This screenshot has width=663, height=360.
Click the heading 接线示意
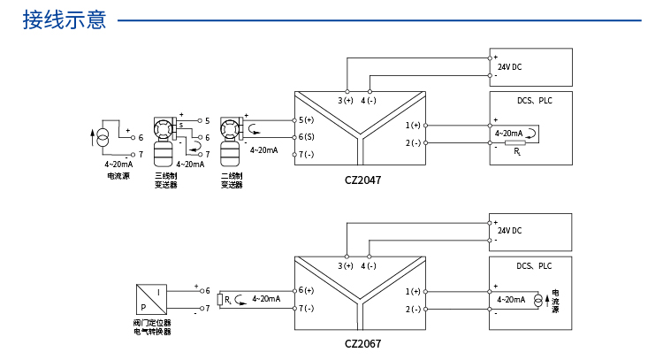[65, 19]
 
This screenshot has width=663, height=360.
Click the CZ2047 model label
[362, 180]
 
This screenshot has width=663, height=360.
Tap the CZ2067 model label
[362, 343]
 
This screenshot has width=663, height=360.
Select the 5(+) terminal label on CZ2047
[306, 120]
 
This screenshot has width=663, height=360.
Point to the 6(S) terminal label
[306, 137]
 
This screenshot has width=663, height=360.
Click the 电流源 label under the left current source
[118, 176]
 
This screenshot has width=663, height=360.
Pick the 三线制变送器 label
[166, 180]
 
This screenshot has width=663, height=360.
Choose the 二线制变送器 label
[232, 180]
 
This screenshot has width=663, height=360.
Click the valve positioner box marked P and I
[151, 299]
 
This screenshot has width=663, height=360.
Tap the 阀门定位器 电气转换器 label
[152, 327]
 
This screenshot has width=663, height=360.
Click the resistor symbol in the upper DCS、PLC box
[515, 143]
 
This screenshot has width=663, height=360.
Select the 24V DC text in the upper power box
[509, 67]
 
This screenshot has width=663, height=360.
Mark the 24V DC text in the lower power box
[509, 231]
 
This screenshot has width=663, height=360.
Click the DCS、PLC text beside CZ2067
[534, 266]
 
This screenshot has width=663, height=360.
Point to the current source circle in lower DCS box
[537, 301]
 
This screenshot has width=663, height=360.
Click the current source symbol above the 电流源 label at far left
[103, 138]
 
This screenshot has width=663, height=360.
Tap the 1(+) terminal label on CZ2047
[413, 126]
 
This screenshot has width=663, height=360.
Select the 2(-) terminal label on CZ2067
[413, 310]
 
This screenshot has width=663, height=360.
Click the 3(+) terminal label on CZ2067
[345, 265]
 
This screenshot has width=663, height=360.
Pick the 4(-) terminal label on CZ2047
[369, 101]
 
